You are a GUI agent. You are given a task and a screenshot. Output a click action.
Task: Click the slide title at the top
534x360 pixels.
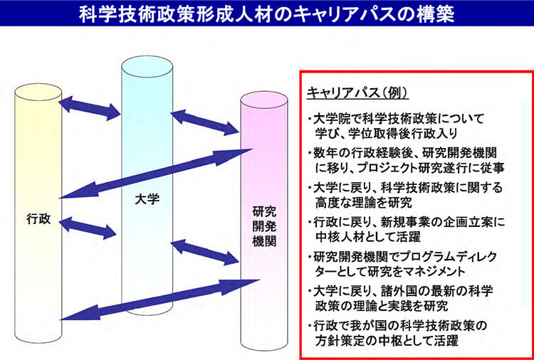[x=267, y=14]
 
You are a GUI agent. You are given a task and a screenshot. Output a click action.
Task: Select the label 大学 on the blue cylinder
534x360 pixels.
[x=147, y=201]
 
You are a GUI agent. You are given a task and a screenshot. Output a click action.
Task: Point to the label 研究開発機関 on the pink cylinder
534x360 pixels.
[x=264, y=226]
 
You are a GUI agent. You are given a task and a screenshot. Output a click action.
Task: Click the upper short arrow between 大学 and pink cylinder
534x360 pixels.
[x=205, y=122]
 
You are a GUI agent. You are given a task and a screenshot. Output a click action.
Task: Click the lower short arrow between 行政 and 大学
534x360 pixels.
[x=89, y=228]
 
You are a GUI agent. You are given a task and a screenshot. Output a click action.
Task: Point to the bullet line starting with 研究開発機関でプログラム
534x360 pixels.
[x=403, y=256]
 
